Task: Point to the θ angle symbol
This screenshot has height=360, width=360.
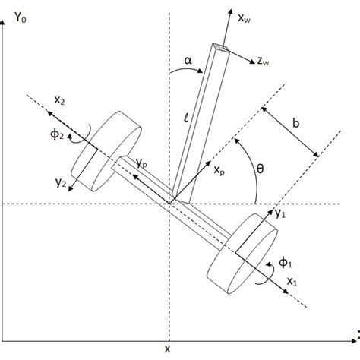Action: tap(260, 172)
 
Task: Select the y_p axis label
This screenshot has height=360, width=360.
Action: tap(142, 161)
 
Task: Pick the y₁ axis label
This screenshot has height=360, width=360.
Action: tap(279, 215)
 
